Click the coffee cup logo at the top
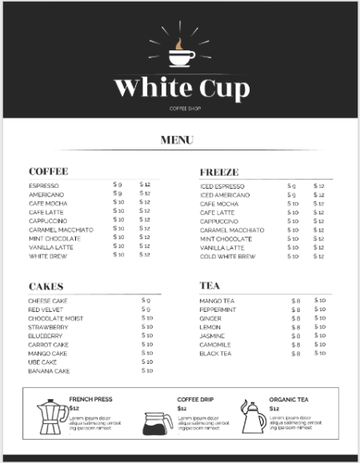tap(181, 54)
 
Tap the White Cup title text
tap(181, 88)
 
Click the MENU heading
tap(177, 141)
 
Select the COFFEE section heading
tap(48, 172)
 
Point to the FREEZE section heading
tap(218, 172)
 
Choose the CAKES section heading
tap(46, 286)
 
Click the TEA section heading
tap(210, 285)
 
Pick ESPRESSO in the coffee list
tap(43, 186)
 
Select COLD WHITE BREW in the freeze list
tap(227, 257)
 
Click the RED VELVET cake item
tap(46, 309)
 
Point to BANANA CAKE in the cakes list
tap(49, 371)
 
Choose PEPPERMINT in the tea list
tap(218, 309)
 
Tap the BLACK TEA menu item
tap(215, 353)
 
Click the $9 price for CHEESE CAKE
tap(146, 301)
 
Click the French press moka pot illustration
tap(53, 416)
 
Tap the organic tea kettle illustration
tap(254, 417)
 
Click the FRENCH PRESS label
tap(90, 399)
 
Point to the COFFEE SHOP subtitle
tap(181, 108)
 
